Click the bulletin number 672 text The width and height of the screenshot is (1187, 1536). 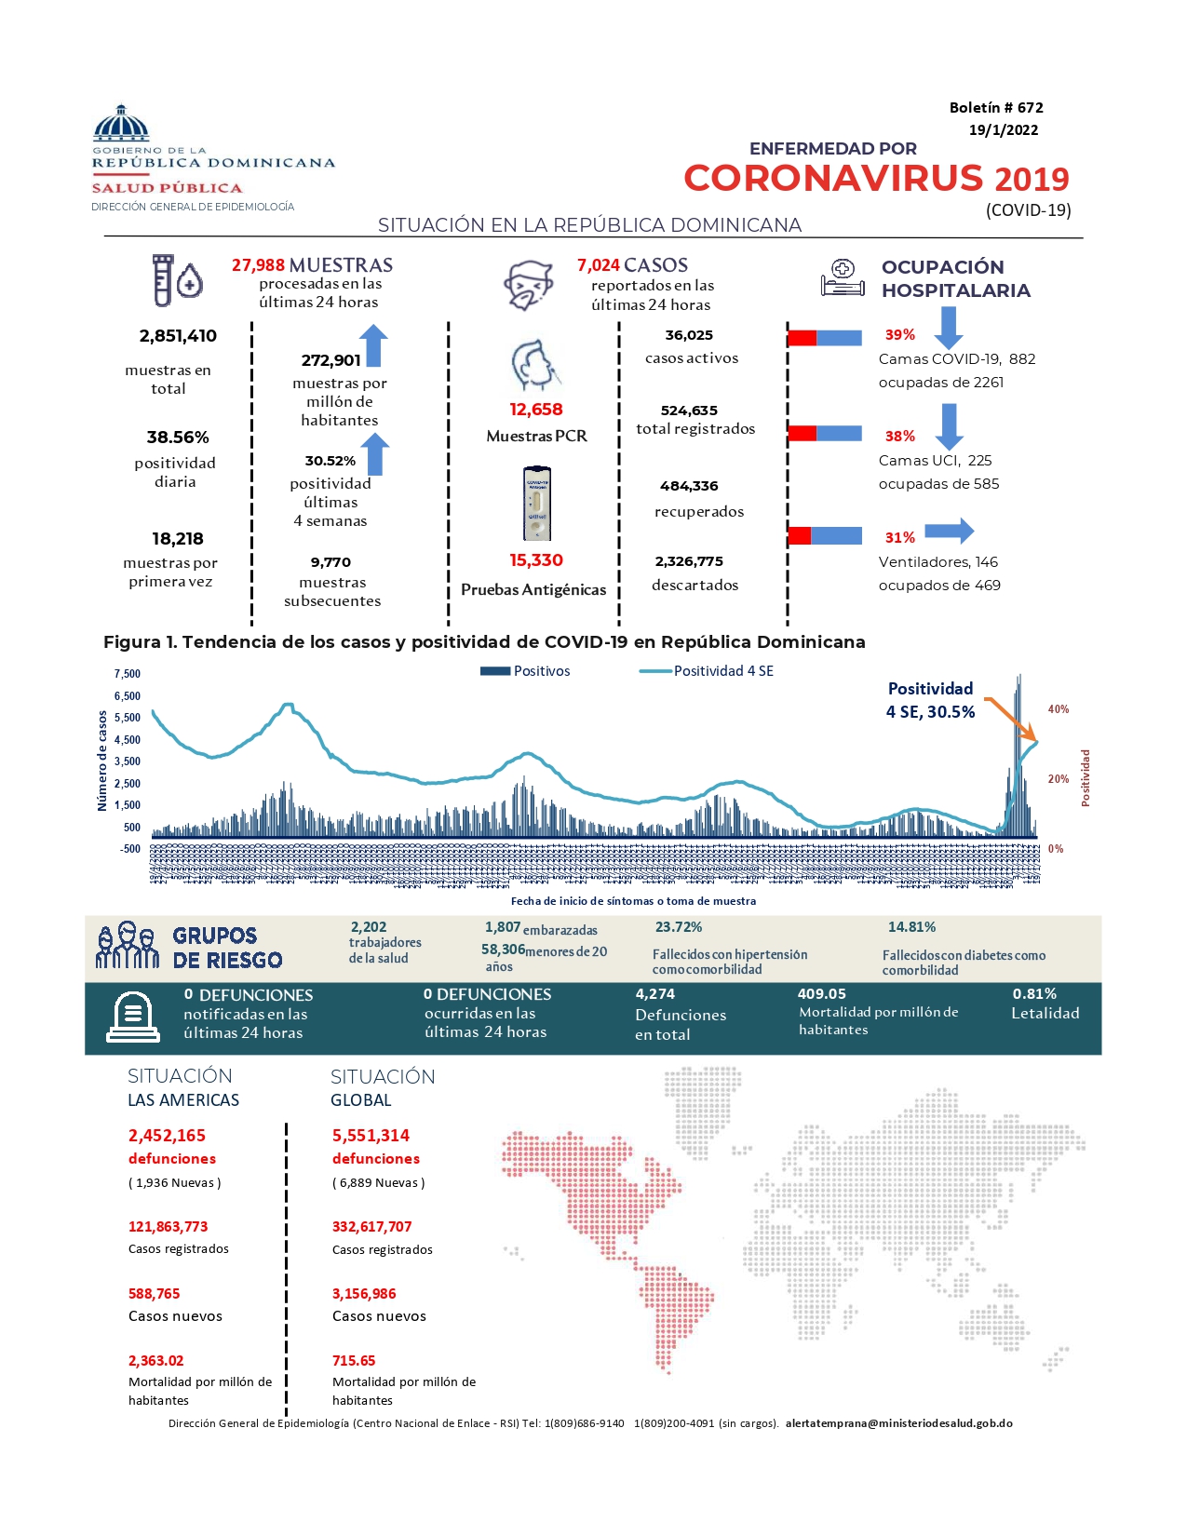click(x=995, y=108)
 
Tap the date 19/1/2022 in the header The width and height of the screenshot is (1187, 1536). click(x=1003, y=130)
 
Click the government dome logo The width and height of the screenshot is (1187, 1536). click(x=121, y=123)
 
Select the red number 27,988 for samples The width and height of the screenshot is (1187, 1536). click(x=258, y=265)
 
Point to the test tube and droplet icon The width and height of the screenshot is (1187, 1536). click(x=177, y=280)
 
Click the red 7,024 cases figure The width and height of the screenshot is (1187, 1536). click(x=598, y=265)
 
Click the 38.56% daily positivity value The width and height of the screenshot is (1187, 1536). click(x=178, y=438)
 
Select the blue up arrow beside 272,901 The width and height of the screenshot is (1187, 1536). click(x=373, y=345)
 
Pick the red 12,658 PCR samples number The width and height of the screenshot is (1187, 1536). click(x=535, y=410)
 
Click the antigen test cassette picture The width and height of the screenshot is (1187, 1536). click(x=536, y=504)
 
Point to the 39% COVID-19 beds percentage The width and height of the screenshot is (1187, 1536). click(x=899, y=335)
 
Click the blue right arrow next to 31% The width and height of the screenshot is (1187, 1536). click(x=949, y=532)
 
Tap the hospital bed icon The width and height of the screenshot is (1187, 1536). click(x=843, y=278)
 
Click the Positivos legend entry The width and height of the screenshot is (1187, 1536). click(x=525, y=671)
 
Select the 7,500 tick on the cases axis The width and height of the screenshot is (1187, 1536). click(x=128, y=674)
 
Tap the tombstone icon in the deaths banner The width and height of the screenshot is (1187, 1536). click(x=133, y=1017)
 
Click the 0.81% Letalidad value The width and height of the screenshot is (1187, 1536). click(x=1034, y=994)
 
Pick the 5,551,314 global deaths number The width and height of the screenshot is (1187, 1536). click(x=371, y=1136)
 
